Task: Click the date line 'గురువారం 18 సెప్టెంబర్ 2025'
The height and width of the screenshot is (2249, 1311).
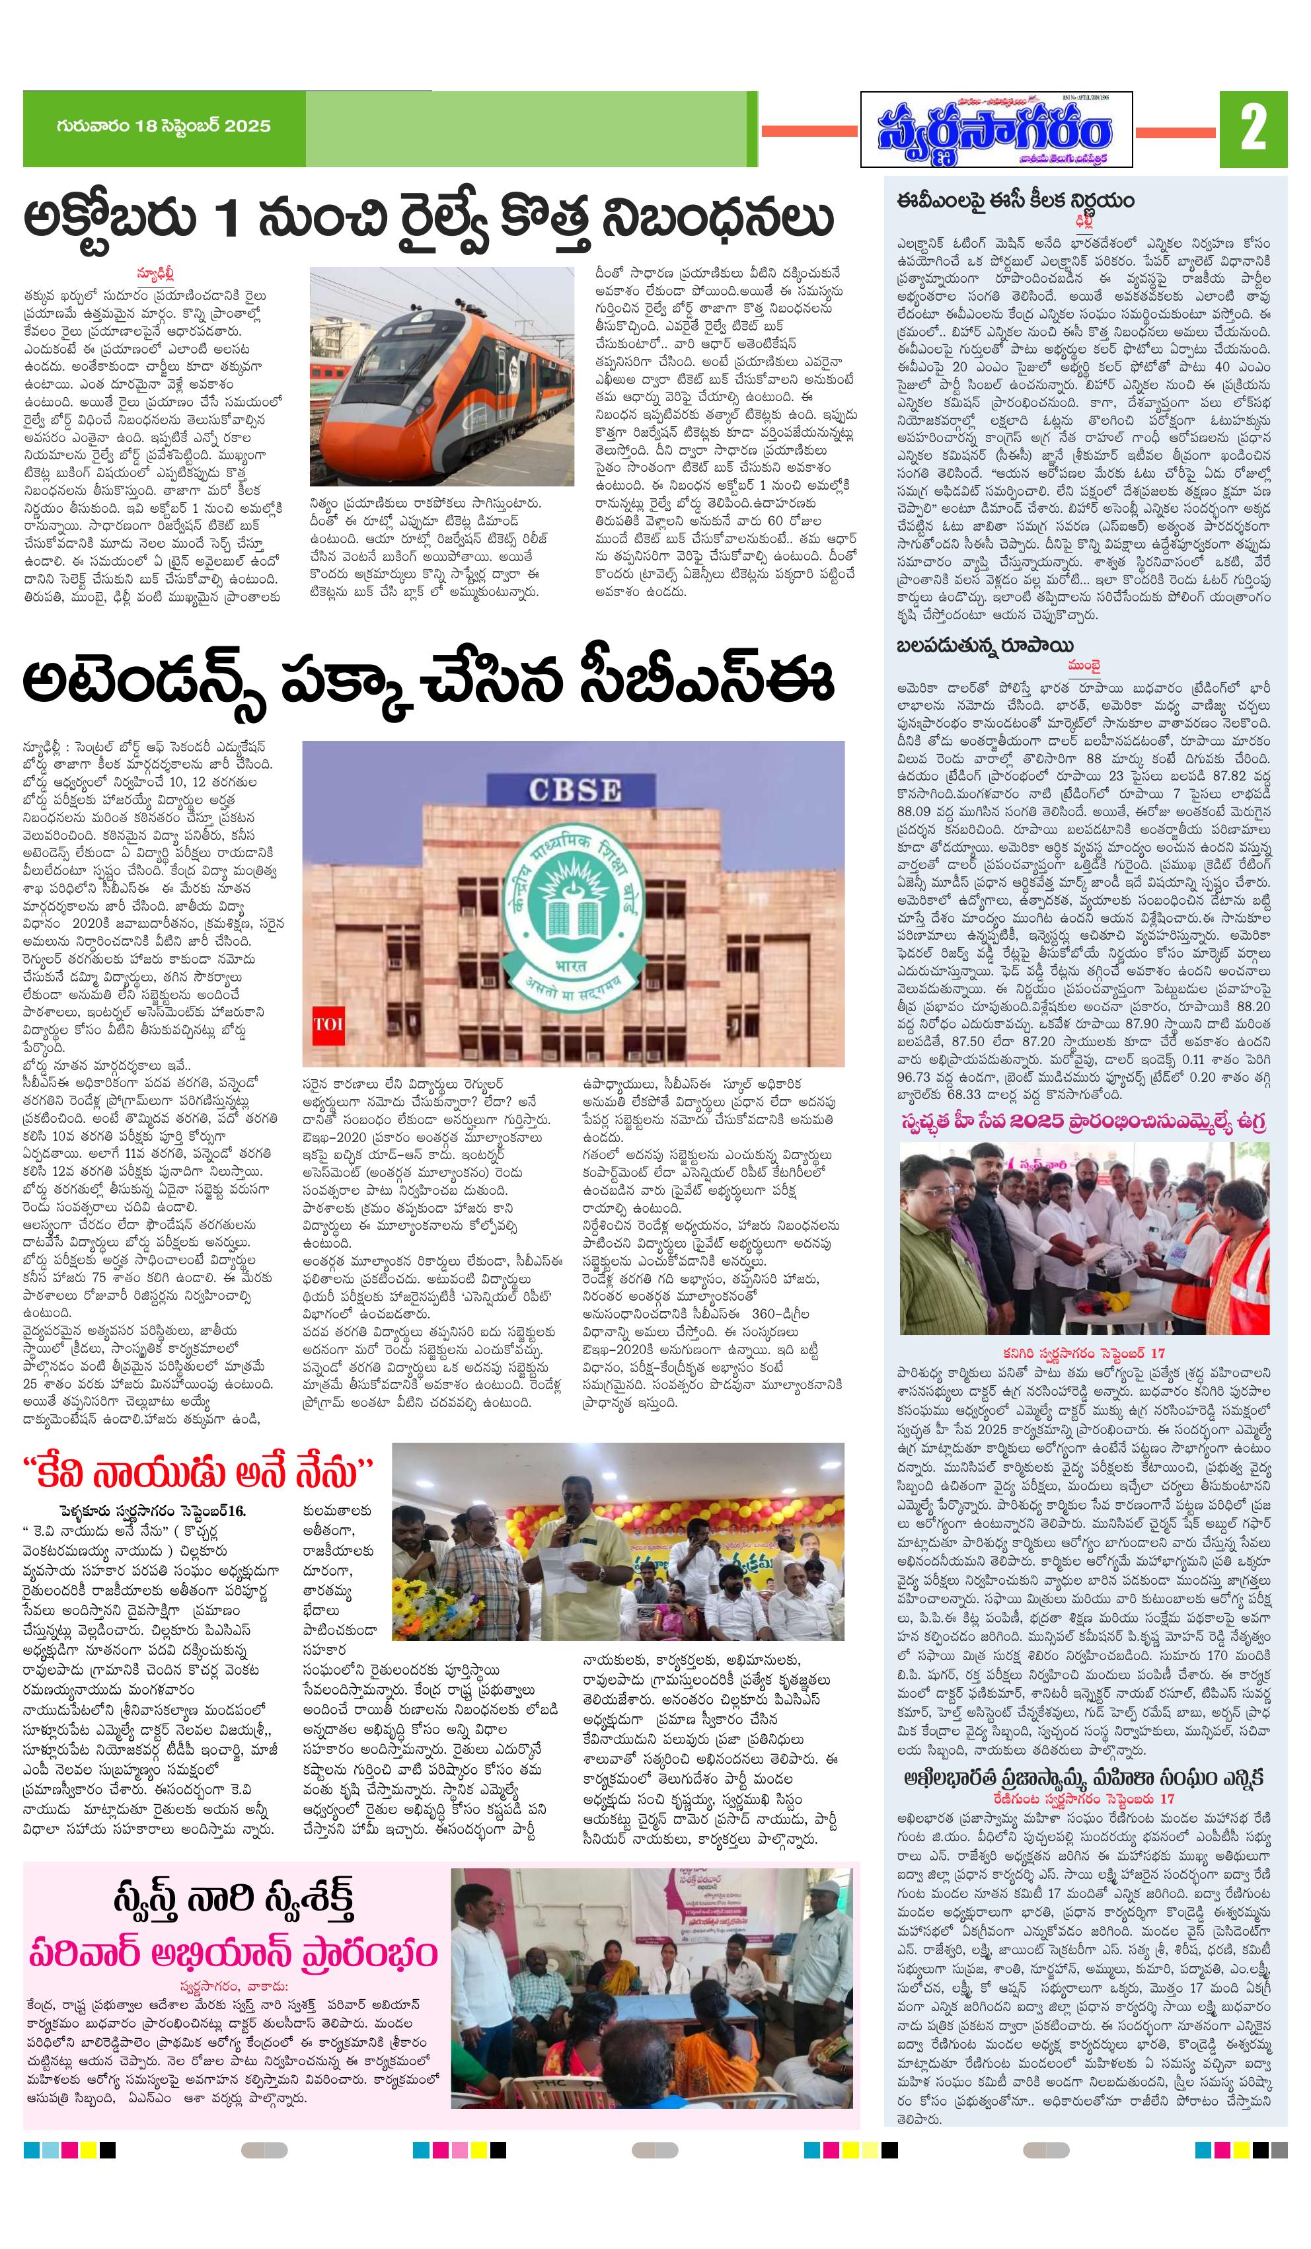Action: click(x=163, y=126)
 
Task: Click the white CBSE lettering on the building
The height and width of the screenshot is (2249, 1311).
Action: click(x=574, y=789)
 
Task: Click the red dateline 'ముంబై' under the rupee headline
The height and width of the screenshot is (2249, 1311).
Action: click(x=1084, y=666)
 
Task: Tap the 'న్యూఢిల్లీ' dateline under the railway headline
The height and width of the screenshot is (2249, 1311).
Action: click(x=155, y=273)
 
